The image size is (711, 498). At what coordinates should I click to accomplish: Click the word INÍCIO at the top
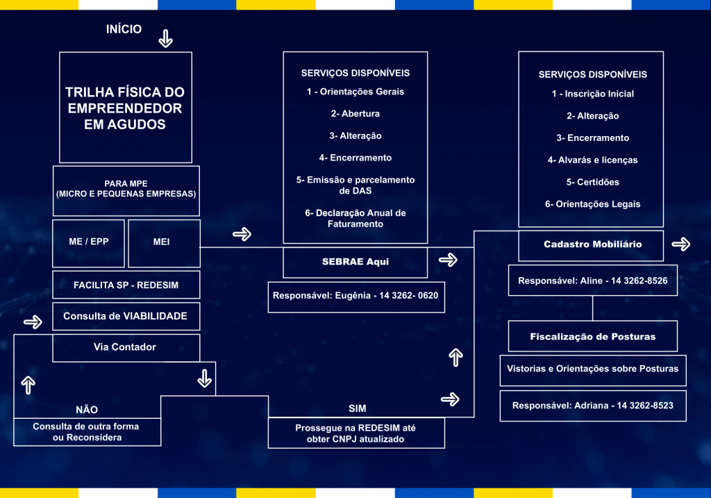[x=124, y=29]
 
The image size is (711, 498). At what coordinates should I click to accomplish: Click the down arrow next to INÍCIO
[x=165, y=38]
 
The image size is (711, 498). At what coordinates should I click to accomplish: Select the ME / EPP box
[x=88, y=242]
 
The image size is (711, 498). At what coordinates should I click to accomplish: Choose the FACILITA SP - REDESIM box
[x=126, y=285]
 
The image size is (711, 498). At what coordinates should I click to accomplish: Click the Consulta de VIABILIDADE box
[x=126, y=316]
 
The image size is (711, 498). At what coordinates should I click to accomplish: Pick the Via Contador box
[x=126, y=347]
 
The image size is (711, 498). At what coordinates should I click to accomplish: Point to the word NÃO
[x=87, y=409]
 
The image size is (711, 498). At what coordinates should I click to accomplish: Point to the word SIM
[x=357, y=408]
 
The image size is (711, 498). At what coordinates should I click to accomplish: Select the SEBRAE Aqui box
[x=355, y=262]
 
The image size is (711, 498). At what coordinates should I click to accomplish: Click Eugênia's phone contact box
[x=356, y=296]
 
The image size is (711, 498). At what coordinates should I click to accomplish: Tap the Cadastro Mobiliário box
[x=592, y=244]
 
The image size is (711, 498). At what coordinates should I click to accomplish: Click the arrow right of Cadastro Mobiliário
[x=681, y=244]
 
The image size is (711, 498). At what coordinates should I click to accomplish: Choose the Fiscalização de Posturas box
[x=592, y=337]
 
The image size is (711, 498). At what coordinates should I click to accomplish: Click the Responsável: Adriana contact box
[x=592, y=405]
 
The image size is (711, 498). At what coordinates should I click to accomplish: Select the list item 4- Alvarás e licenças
[x=592, y=160]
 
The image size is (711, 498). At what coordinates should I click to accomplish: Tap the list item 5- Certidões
[x=592, y=182]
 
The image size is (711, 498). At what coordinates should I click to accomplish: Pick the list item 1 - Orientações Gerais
[x=355, y=92]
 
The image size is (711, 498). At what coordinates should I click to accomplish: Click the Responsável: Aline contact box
[x=592, y=281]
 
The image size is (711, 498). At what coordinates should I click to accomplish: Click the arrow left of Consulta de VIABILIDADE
[x=33, y=322]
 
